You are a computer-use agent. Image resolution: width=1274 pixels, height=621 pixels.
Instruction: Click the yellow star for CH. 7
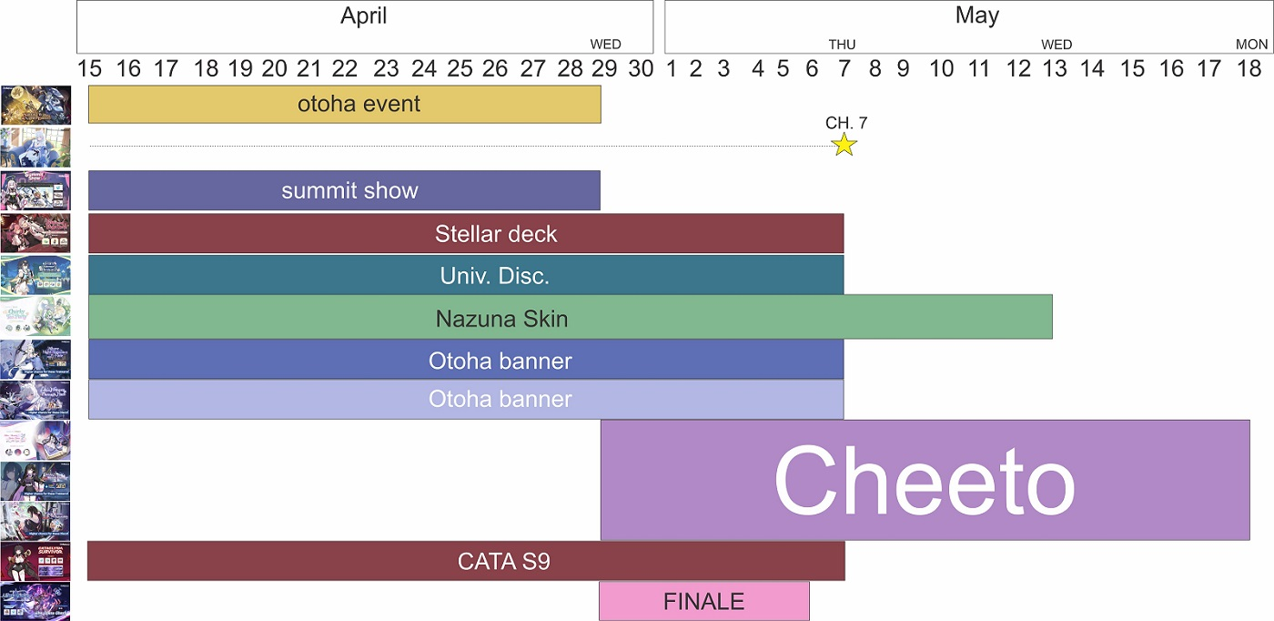point(844,145)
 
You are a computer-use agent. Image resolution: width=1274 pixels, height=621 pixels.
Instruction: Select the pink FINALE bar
point(703,601)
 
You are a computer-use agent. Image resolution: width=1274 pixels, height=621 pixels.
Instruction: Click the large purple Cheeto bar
point(925,480)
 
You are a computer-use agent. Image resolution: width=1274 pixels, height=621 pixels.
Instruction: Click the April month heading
point(364,15)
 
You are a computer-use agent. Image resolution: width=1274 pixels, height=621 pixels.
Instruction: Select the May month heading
point(977,15)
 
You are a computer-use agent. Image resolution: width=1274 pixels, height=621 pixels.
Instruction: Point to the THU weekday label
point(842,45)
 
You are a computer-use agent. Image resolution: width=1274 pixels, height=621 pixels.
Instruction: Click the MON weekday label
point(1251,45)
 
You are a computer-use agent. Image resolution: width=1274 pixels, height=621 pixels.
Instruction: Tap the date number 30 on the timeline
point(641,68)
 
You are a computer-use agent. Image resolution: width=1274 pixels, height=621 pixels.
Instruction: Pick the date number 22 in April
point(345,68)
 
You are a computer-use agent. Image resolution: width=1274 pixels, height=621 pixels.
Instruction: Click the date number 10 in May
point(941,68)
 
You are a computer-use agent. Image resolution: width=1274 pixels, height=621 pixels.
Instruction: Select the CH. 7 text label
point(845,123)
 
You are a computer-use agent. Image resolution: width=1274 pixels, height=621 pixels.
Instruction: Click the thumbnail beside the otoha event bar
point(35,105)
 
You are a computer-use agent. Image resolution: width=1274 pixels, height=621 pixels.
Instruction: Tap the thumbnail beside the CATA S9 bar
point(35,561)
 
